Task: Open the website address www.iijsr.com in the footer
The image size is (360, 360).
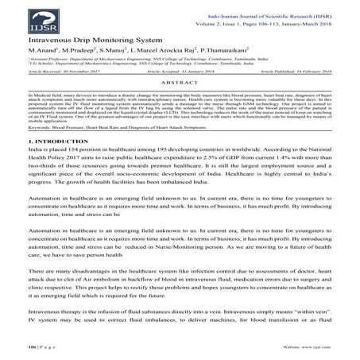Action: pyautogui.click(x=329, y=347)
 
